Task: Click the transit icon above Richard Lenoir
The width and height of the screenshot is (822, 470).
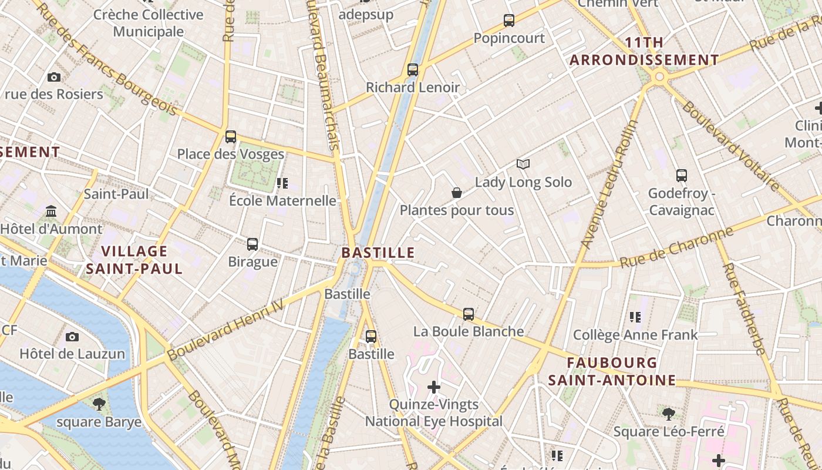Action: tap(413, 70)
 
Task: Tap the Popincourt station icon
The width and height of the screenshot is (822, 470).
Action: tap(509, 21)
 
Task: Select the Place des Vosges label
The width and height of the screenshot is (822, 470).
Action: tap(231, 154)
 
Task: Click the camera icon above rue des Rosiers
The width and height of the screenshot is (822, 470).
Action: tap(54, 77)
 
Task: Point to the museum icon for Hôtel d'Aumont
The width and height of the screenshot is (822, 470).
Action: tap(51, 211)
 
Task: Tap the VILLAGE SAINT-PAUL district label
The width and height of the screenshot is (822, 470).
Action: tap(134, 260)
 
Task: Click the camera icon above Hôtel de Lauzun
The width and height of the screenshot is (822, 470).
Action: tap(72, 337)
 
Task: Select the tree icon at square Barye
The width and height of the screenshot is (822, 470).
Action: tap(99, 404)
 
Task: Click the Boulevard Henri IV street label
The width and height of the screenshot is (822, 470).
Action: tap(225, 329)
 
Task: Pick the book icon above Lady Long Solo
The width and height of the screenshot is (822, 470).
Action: tap(523, 164)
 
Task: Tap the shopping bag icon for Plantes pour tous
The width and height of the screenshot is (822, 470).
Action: tap(457, 193)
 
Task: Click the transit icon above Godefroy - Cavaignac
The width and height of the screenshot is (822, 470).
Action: tap(681, 175)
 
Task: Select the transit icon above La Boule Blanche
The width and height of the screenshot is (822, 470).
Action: tap(468, 314)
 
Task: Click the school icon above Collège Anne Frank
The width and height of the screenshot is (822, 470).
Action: tap(635, 317)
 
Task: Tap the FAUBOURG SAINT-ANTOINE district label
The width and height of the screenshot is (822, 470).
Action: tap(612, 371)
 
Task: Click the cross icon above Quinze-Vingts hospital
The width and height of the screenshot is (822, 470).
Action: tap(434, 387)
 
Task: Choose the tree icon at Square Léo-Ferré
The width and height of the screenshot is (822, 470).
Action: tap(668, 414)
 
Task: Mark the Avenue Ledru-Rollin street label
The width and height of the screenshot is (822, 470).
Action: tap(609, 184)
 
